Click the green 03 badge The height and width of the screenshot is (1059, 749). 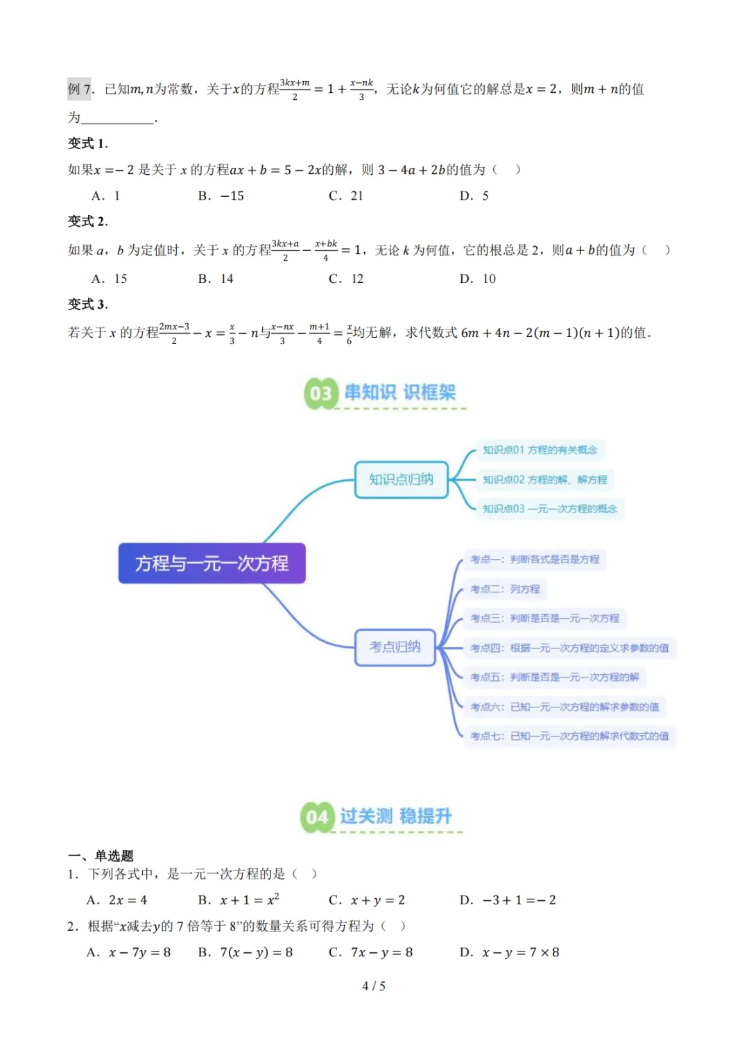tap(320, 393)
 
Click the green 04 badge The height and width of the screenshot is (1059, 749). tap(317, 817)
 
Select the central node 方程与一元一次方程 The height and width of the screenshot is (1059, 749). tap(212, 563)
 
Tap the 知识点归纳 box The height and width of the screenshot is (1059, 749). tap(401, 479)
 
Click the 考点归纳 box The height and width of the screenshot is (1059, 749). tap(395, 647)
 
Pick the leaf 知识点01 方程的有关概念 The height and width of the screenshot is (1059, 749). tap(540, 450)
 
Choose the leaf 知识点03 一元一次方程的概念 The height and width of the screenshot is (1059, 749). tap(549, 509)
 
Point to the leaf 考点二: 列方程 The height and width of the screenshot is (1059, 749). tap(505, 589)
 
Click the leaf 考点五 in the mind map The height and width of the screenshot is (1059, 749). tap(554, 677)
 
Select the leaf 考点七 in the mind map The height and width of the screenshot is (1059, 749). tap(569, 736)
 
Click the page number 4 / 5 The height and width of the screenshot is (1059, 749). tap(374, 985)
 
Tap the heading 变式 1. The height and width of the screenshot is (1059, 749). tap(87, 144)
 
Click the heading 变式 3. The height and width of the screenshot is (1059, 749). tap(87, 304)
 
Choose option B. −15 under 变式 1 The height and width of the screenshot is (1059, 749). tap(221, 196)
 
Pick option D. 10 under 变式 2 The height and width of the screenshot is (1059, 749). tap(478, 279)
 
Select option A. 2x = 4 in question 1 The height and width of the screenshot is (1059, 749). tap(117, 900)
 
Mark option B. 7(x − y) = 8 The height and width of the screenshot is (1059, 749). tap(246, 952)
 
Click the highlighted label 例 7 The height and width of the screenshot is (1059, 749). tap(81, 89)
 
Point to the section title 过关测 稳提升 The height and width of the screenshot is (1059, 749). tap(395, 816)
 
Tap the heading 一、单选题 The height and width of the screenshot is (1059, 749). tap(101, 856)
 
